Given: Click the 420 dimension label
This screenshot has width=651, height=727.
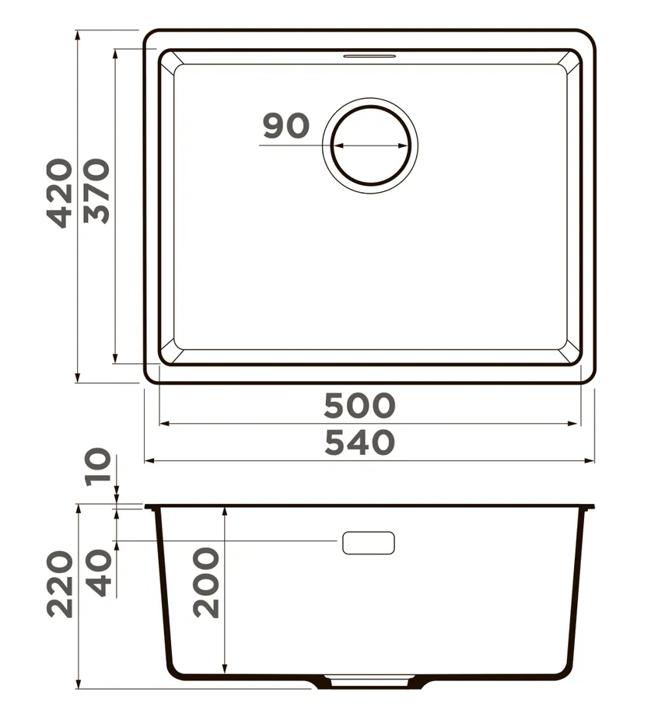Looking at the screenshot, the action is [x=59, y=194].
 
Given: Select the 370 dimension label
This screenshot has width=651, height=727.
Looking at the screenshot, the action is [x=97, y=191].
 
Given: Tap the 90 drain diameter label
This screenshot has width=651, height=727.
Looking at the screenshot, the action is [x=286, y=126].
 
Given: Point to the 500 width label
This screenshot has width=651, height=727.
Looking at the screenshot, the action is [x=359, y=405].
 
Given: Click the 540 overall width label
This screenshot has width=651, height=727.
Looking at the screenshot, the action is [x=359, y=442].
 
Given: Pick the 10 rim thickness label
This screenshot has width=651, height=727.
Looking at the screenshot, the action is [x=98, y=467].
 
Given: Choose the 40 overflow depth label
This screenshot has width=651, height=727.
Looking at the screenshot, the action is [x=99, y=572].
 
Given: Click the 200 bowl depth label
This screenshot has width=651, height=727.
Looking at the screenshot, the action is [x=206, y=582].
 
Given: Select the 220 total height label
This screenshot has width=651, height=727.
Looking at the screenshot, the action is [x=61, y=584].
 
